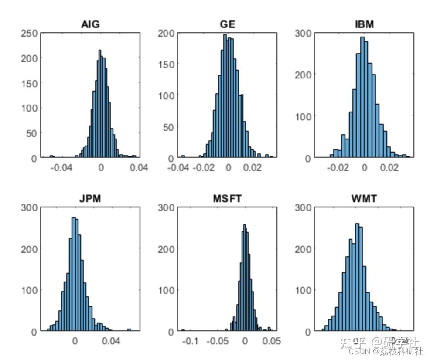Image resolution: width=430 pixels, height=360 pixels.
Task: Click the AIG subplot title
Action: (x=90, y=24)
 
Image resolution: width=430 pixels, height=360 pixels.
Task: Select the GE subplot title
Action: (x=227, y=24)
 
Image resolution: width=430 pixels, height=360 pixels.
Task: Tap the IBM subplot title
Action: (x=364, y=24)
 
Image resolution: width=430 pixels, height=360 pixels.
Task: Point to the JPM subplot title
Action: (x=90, y=199)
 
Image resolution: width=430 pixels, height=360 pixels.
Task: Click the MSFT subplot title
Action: (x=227, y=199)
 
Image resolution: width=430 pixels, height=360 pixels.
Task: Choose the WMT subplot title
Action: (x=364, y=199)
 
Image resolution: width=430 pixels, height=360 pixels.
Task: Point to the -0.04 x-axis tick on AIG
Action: (x=61, y=168)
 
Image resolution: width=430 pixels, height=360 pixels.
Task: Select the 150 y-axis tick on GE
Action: (x=166, y=65)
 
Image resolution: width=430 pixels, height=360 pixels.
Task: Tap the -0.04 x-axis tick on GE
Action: (x=178, y=168)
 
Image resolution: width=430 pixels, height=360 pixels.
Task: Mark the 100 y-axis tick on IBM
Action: (x=303, y=116)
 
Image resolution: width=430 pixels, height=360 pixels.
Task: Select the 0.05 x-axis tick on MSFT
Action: (x=271, y=342)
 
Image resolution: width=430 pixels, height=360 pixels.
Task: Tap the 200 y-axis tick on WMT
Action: (x=303, y=249)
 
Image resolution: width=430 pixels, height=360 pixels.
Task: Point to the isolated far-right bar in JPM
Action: (x=129, y=330)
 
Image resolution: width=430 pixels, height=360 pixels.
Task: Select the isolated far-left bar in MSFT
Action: (x=183, y=331)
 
